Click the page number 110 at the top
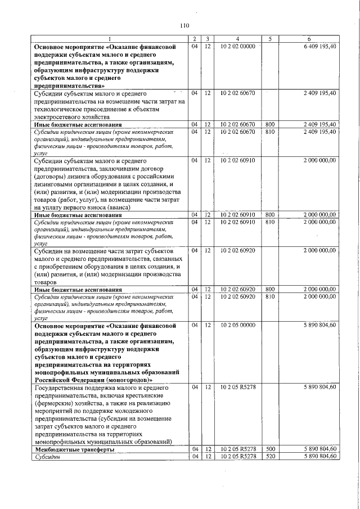(184, 25)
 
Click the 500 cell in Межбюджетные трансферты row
(269, 449)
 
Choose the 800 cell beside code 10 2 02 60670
(269, 124)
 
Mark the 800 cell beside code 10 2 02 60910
(269, 215)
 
